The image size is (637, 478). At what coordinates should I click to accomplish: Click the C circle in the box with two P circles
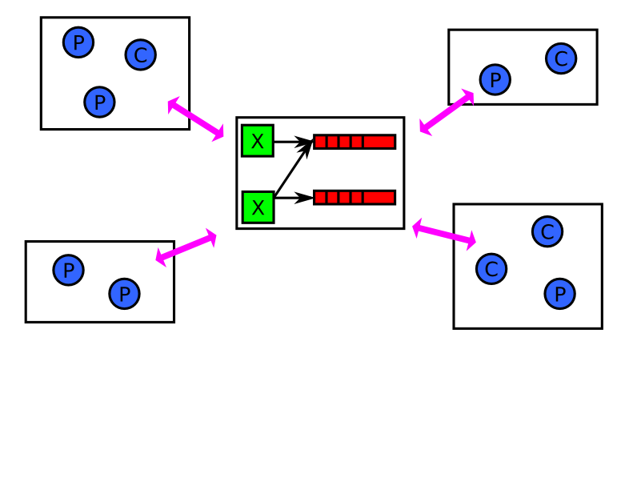click(141, 55)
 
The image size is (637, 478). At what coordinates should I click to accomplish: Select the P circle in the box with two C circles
click(560, 294)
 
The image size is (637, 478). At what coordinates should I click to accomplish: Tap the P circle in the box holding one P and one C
click(495, 80)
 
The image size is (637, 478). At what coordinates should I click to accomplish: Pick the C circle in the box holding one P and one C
click(561, 58)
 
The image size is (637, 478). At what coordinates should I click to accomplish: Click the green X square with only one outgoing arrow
click(258, 141)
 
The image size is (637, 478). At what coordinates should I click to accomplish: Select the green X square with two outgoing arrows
click(258, 207)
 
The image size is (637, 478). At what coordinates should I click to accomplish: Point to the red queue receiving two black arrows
click(355, 142)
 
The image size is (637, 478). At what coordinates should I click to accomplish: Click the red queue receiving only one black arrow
click(355, 198)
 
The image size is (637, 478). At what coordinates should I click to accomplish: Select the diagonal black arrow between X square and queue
click(294, 168)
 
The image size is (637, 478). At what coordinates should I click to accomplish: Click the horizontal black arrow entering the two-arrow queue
click(294, 142)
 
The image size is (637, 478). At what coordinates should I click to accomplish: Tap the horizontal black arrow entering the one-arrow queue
click(294, 198)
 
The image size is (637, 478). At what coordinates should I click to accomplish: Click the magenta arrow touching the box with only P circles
click(186, 247)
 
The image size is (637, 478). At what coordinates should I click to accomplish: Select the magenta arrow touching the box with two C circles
click(444, 234)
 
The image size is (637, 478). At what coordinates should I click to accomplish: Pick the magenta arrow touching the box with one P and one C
click(447, 112)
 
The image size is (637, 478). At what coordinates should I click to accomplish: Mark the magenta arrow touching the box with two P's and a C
click(196, 119)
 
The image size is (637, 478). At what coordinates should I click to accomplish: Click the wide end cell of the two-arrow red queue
click(379, 142)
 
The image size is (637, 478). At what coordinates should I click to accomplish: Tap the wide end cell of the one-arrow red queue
click(379, 198)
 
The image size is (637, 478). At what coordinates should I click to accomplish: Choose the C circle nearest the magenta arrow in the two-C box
click(491, 269)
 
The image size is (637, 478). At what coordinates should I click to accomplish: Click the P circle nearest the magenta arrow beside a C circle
click(495, 80)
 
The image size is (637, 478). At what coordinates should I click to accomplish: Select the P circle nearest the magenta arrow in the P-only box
click(124, 294)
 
